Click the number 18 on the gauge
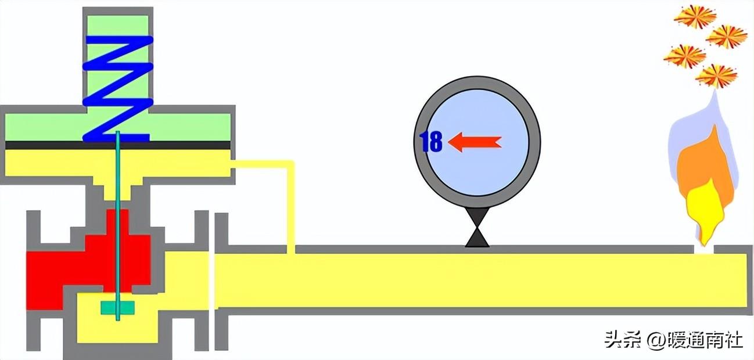431,142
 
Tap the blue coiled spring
118,87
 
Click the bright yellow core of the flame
704,209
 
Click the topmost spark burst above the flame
695,16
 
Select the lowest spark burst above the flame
716,75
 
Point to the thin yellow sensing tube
290,203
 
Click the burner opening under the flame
704,250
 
